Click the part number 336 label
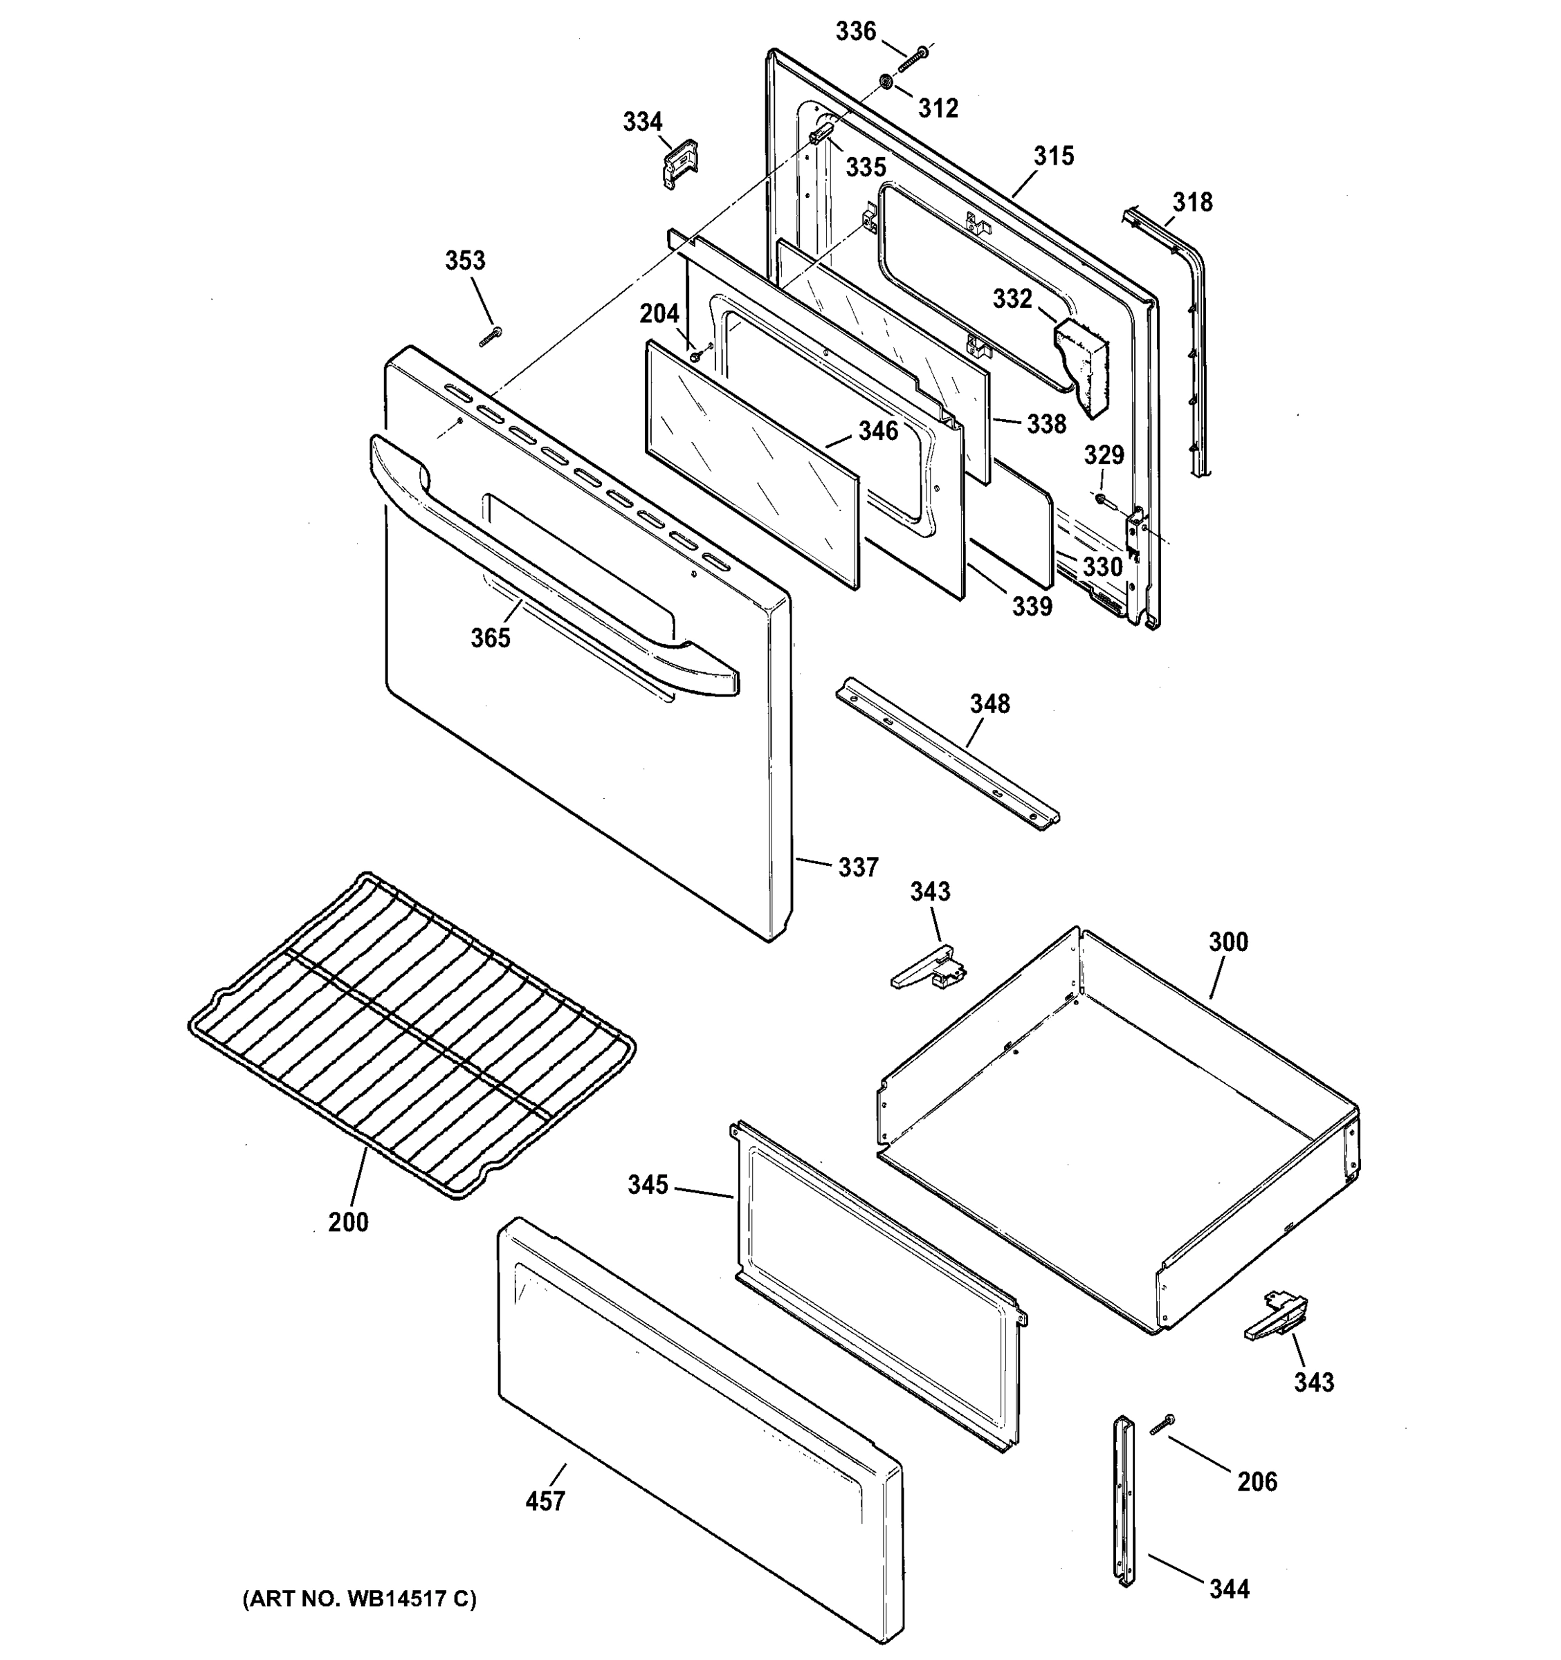tap(855, 32)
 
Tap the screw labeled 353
tap(491, 337)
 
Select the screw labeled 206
tap(1162, 1425)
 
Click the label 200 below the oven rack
tap(347, 1221)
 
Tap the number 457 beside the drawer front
tap(545, 1502)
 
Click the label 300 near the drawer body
tap(1227, 942)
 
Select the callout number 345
tap(648, 1184)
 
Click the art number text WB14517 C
tap(359, 1599)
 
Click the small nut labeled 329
tap(1101, 499)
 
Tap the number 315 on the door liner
tap(1053, 156)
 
